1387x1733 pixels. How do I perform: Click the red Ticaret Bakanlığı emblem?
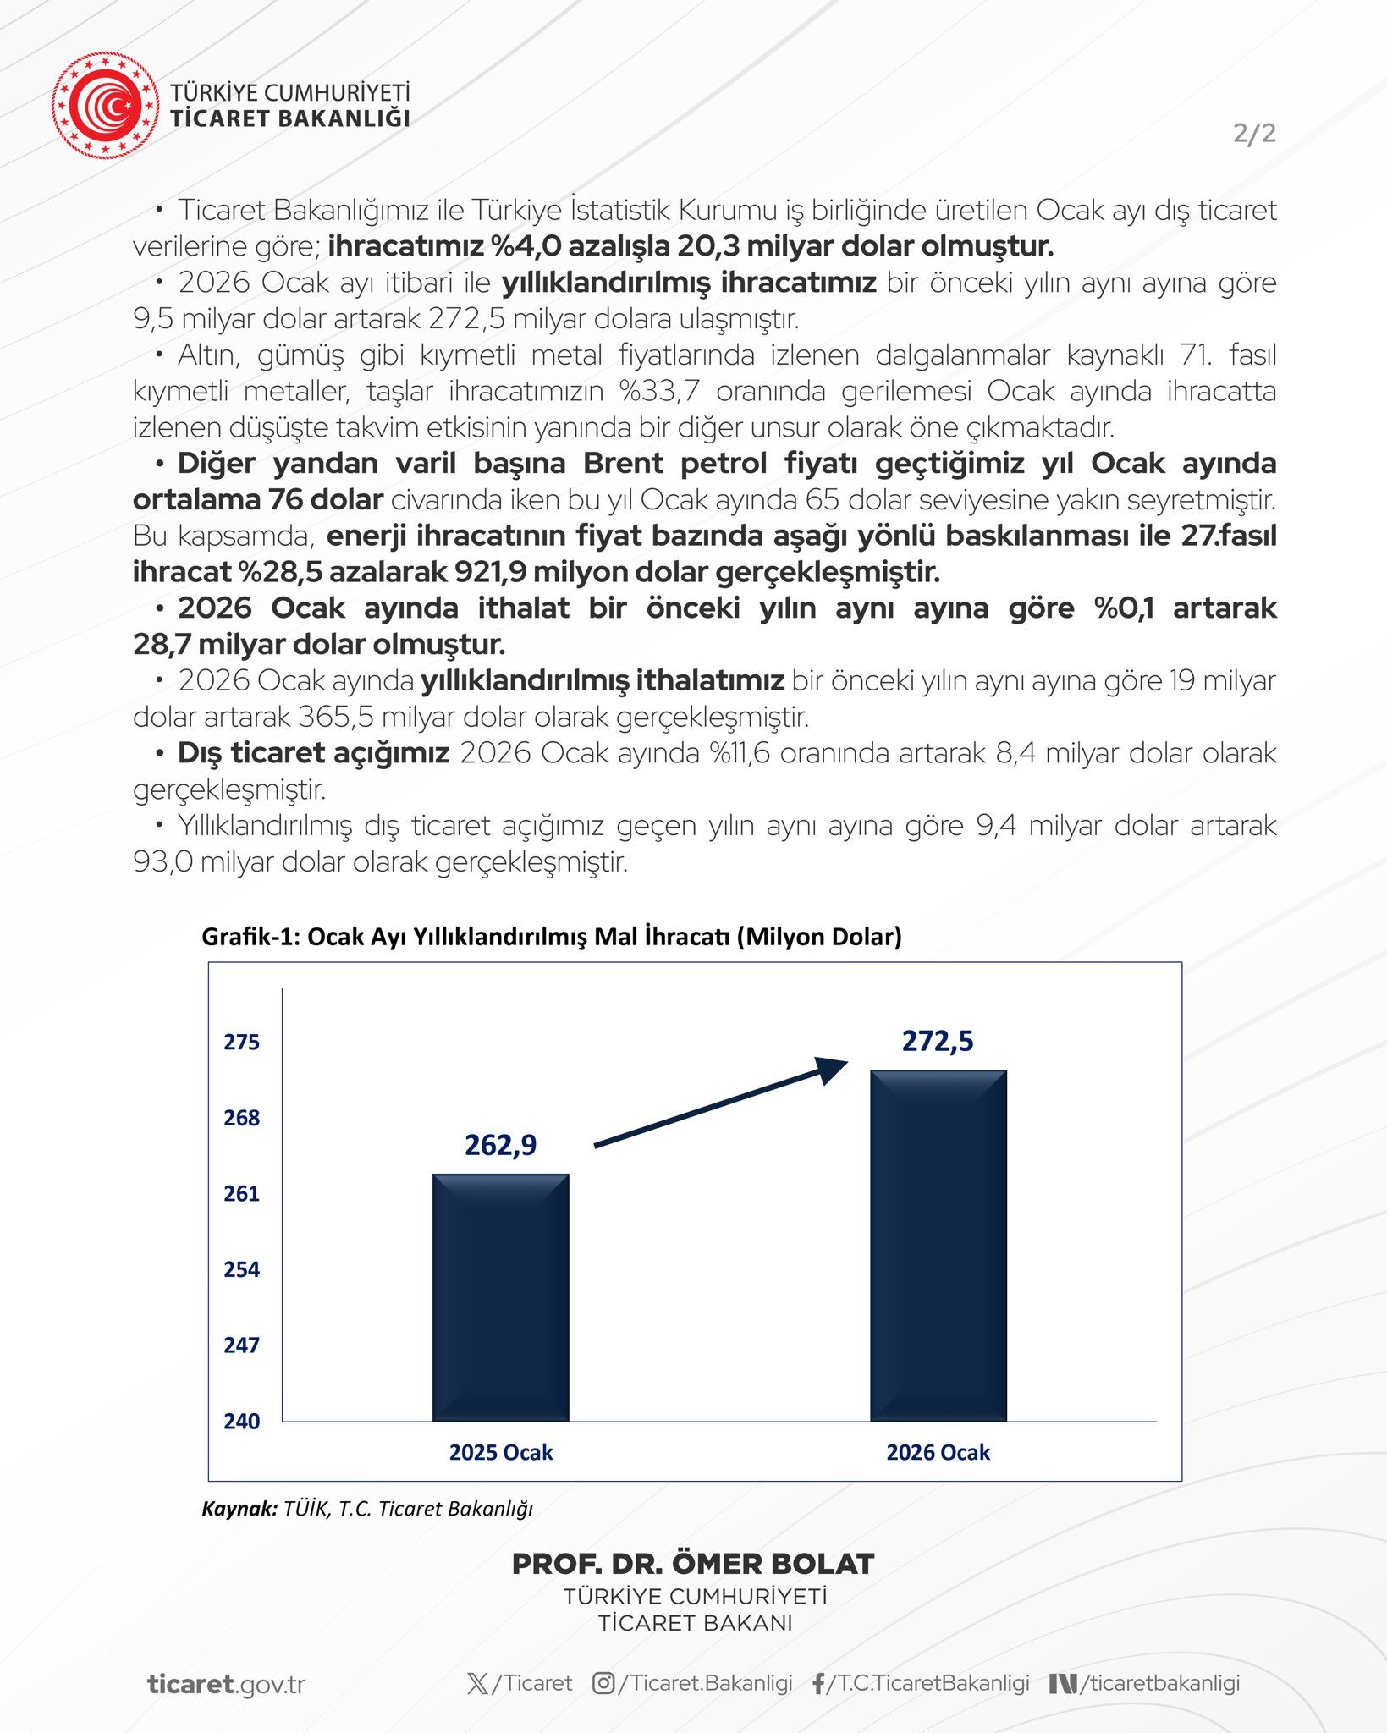click(x=105, y=105)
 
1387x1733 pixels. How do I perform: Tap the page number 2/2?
click(x=1254, y=133)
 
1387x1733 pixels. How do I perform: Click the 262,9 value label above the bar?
click(x=500, y=1145)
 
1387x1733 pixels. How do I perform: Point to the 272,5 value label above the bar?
click(x=938, y=1041)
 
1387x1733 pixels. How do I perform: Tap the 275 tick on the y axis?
click(x=241, y=1042)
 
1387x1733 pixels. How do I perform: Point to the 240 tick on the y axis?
click(x=241, y=1421)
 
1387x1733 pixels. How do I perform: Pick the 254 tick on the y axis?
click(x=241, y=1269)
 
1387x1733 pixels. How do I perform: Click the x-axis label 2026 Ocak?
click(x=938, y=1452)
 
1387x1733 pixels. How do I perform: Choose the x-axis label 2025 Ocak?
click(x=500, y=1452)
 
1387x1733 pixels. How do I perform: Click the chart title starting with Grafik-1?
click(x=551, y=937)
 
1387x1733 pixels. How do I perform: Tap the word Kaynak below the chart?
click(x=239, y=1508)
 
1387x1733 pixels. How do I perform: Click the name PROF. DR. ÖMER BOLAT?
click(x=693, y=1564)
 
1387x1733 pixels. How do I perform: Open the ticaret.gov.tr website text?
click(x=226, y=1684)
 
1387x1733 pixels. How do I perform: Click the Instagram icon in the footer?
click(x=603, y=1683)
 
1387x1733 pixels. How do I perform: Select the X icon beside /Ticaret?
click(x=477, y=1683)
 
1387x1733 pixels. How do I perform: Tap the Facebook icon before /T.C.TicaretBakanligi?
click(x=817, y=1684)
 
